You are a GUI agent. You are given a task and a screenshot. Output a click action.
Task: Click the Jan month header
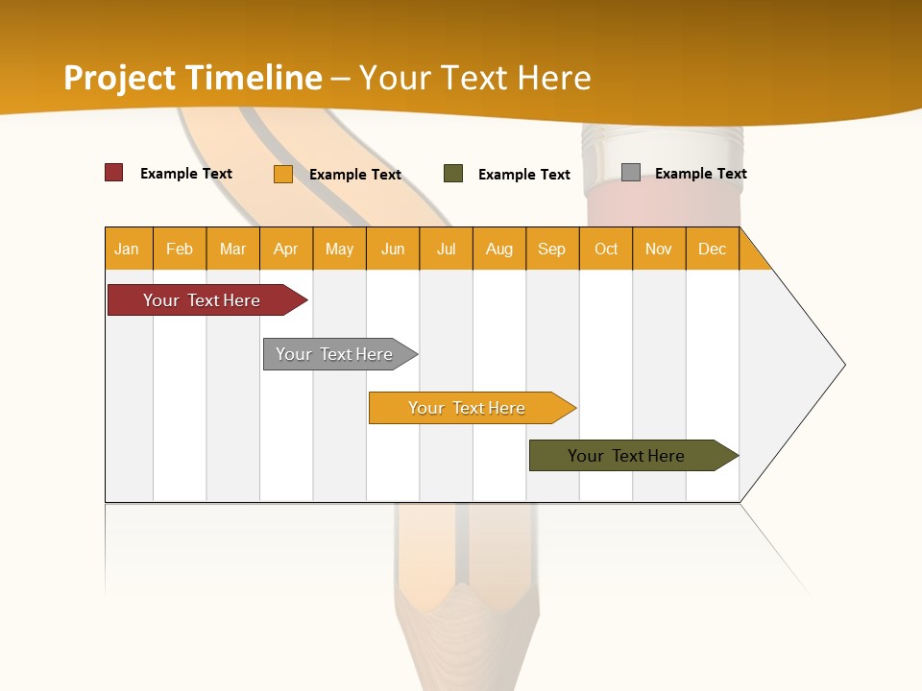[128, 249]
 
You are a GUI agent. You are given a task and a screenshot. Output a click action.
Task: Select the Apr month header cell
[286, 249]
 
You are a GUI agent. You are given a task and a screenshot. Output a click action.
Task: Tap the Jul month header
[446, 249]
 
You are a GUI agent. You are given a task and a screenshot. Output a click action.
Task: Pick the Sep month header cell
[552, 249]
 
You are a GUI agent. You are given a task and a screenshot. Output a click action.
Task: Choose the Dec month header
[712, 249]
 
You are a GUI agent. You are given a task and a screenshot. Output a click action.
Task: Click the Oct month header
[606, 249]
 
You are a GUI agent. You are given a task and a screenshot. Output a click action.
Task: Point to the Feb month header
[180, 249]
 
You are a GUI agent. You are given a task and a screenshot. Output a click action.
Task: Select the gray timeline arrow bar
[336, 354]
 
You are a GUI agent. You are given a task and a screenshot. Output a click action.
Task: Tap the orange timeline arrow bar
[469, 408]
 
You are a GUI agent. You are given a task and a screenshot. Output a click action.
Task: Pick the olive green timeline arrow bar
[629, 456]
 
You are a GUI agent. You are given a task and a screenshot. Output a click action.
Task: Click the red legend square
[114, 173]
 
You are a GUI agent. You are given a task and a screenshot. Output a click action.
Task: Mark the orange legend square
[283, 174]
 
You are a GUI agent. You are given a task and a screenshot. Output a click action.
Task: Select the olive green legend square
[453, 174]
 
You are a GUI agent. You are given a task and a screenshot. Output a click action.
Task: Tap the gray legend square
[631, 173]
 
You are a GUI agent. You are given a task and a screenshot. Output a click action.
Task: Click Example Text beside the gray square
[700, 174]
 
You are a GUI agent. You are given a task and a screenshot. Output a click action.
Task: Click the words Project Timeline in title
[193, 78]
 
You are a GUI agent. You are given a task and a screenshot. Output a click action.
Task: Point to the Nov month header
[659, 249]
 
